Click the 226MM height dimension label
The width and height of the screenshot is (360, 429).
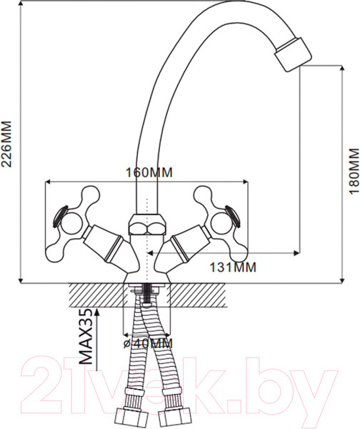click(6, 144)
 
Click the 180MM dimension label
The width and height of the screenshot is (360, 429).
click(354, 171)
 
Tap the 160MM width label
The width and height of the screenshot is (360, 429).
click(149, 172)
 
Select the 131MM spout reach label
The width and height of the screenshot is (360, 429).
click(233, 267)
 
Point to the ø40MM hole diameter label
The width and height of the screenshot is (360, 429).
click(148, 344)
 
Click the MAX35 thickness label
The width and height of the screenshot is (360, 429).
click(86, 337)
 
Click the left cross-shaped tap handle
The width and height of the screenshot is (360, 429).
click(72, 222)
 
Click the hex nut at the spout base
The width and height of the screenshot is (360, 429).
click(147, 225)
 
